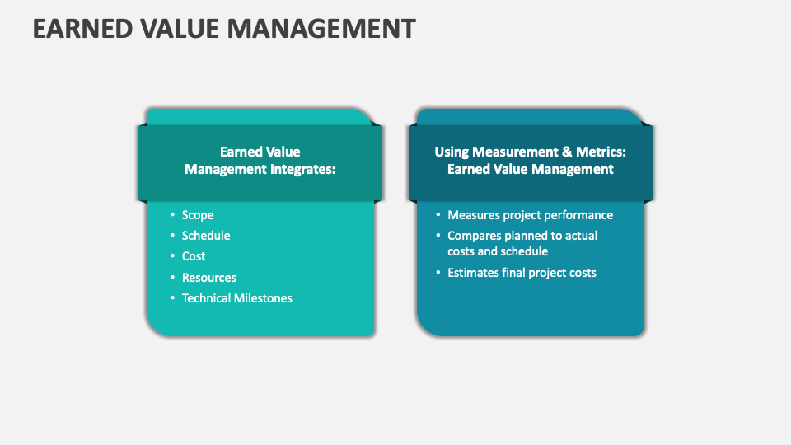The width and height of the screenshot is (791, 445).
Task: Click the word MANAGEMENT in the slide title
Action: click(321, 28)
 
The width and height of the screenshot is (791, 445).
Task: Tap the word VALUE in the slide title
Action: click(180, 28)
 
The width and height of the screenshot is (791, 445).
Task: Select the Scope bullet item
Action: click(198, 215)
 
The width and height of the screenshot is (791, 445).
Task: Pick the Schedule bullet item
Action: click(206, 236)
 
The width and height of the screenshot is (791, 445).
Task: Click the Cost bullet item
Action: click(193, 256)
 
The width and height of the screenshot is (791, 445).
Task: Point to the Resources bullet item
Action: click(208, 278)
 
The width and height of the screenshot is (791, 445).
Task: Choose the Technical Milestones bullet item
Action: click(237, 298)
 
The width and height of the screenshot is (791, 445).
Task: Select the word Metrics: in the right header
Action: click(601, 152)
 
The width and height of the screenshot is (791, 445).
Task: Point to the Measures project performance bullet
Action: click(530, 215)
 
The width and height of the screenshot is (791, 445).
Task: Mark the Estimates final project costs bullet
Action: click(522, 273)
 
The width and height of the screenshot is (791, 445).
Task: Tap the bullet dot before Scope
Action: click(172, 214)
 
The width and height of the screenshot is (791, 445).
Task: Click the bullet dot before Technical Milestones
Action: click(172, 297)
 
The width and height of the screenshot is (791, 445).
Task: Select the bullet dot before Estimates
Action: click(438, 273)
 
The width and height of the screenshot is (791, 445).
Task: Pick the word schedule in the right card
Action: click(524, 251)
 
